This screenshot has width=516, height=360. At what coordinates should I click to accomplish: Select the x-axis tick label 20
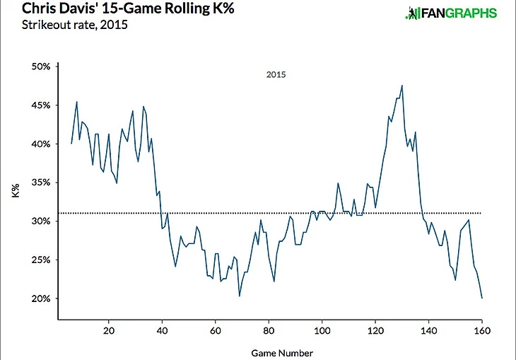point(109,331)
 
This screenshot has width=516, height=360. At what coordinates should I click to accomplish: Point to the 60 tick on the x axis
point(216,331)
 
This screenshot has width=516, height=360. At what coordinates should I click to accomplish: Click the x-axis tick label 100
point(322,331)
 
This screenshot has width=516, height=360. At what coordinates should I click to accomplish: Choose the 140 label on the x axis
point(428,331)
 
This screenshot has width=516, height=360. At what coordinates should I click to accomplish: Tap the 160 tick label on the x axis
point(482,331)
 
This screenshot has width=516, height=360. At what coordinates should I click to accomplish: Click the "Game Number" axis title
point(281,352)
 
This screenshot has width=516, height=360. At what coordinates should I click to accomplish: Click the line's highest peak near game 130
point(401,86)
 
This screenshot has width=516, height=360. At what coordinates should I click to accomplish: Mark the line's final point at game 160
point(482,298)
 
